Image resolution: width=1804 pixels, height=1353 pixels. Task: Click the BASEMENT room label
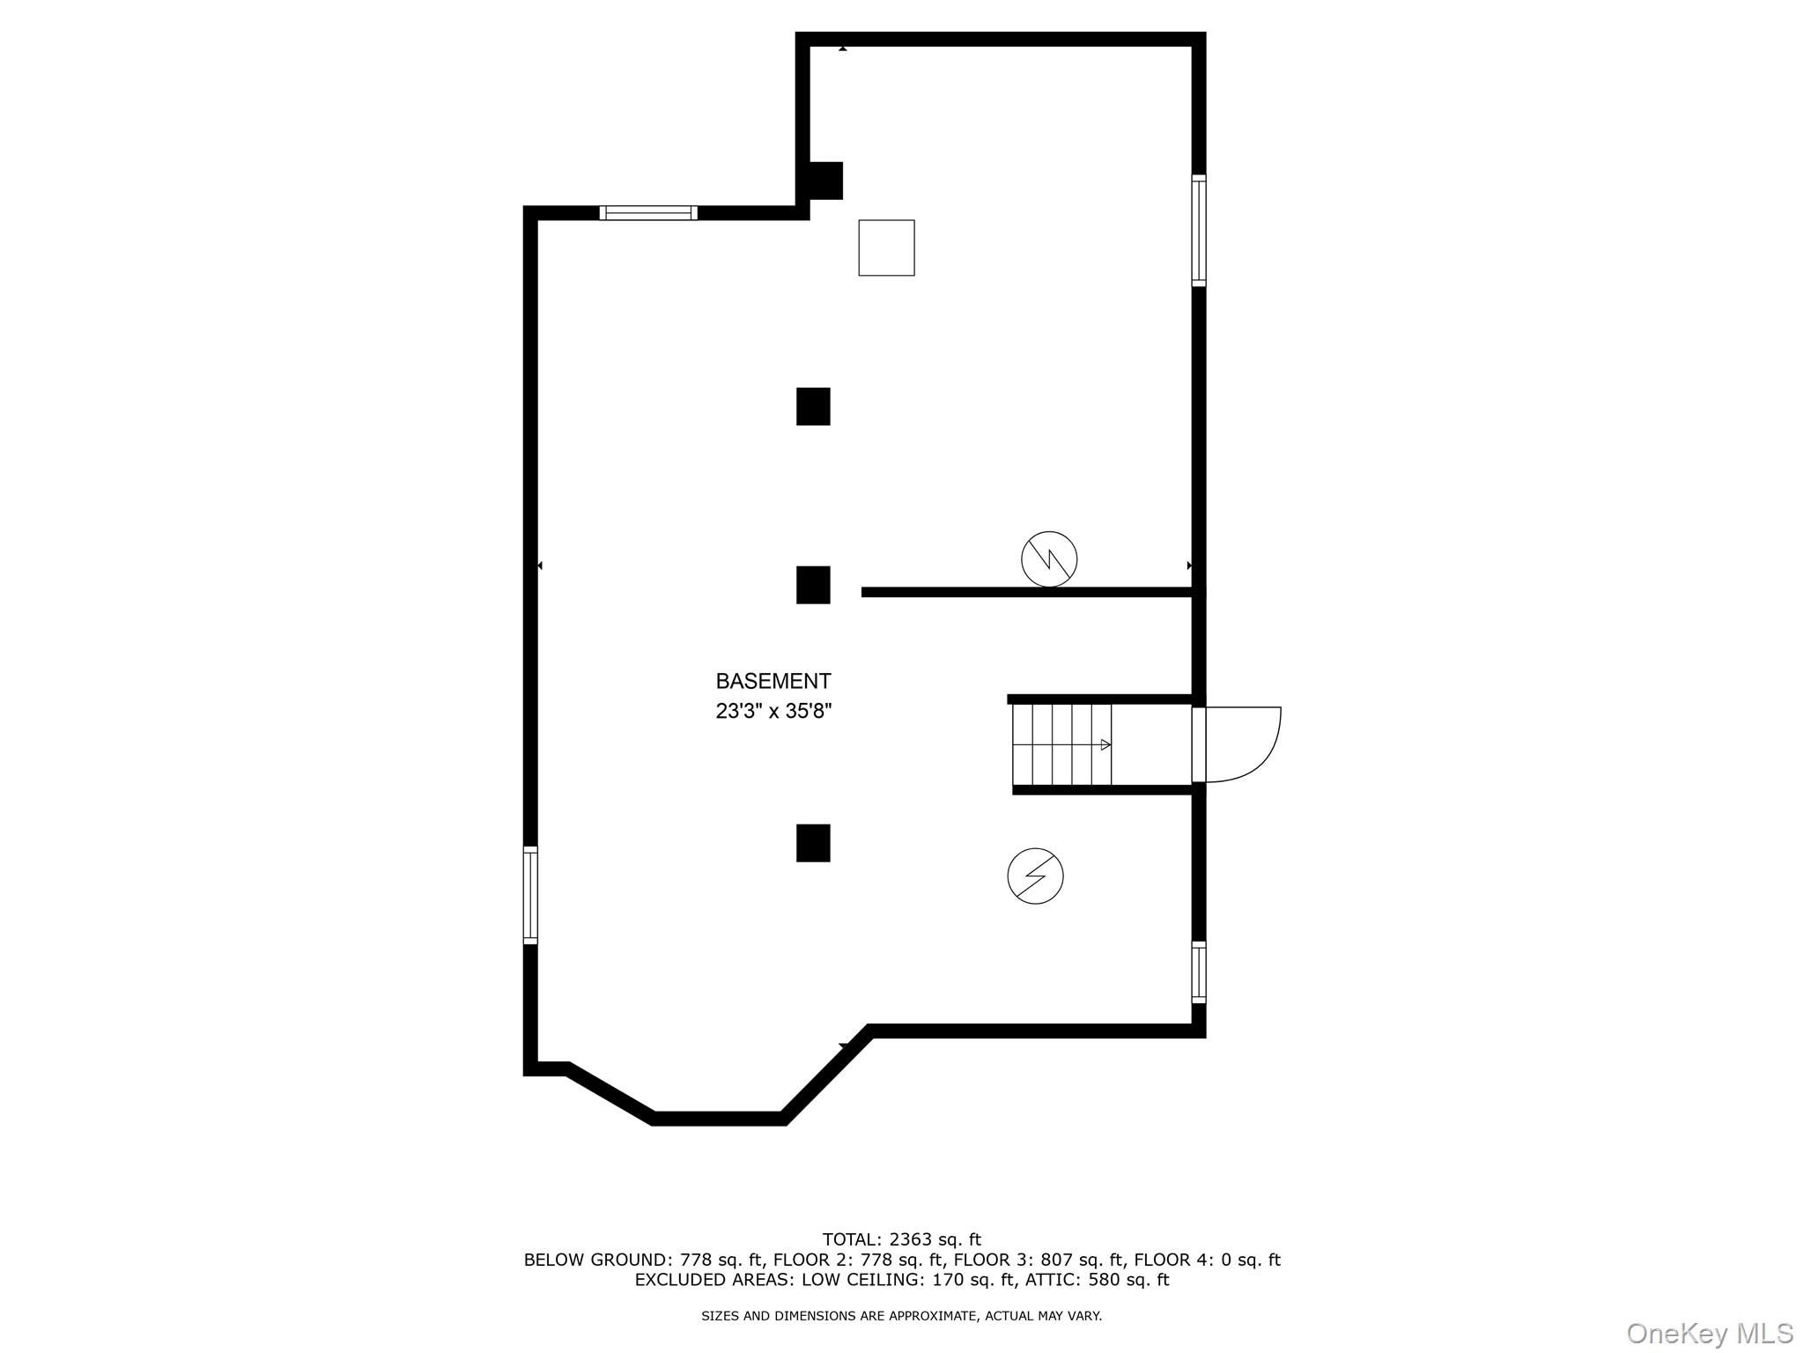tap(773, 681)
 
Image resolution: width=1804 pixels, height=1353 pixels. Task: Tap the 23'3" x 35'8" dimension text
tap(773, 711)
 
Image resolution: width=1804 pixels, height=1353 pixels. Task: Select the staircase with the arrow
tap(1061, 744)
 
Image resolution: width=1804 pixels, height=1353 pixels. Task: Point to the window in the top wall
tap(648, 212)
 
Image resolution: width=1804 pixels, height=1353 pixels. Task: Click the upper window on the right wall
tap(1199, 230)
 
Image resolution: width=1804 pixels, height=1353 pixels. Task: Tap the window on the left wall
tap(530, 895)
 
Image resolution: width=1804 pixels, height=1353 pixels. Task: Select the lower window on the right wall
tap(1199, 972)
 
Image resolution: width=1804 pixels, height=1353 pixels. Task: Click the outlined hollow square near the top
tap(886, 248)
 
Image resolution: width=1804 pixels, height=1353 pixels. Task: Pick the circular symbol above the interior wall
tap(1049, 558)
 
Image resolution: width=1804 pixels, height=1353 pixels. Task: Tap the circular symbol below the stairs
tap(1035, 876)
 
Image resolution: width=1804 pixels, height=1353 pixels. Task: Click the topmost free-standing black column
tap(813, 407)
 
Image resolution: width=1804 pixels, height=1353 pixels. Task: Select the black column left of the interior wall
tap(813, 585)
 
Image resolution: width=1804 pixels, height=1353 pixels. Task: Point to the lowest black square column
tap(813, 843)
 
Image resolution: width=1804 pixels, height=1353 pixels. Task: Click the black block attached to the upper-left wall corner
tap(825, 181)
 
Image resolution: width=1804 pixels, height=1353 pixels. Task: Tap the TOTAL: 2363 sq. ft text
tap(901, 1239)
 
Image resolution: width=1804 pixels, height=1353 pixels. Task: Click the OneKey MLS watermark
tap(1709, 1333)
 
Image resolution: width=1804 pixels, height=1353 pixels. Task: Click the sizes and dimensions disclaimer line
tap(901, 1316)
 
